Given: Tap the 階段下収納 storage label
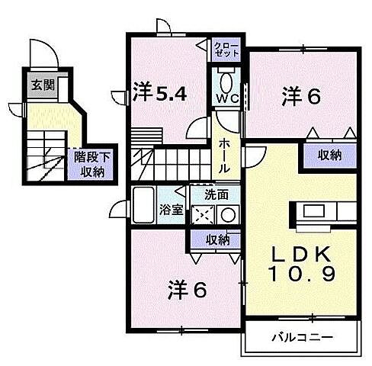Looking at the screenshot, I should tap(89, 163).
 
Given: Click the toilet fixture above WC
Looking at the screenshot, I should tap(226, 80).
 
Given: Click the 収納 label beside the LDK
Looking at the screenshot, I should tap(329, 156).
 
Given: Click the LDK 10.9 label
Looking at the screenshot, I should tap(300, 264).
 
